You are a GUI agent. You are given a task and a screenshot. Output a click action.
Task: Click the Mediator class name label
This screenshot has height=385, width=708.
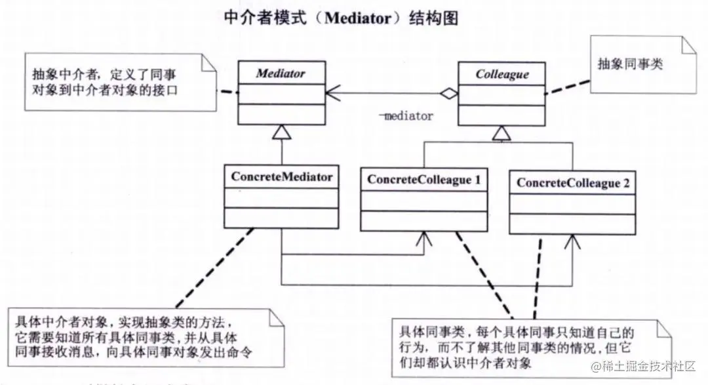(281, 73)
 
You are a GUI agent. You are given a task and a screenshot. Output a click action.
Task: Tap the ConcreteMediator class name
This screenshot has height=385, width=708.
(282, 176)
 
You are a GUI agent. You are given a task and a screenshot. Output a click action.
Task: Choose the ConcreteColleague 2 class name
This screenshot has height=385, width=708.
(572, 183)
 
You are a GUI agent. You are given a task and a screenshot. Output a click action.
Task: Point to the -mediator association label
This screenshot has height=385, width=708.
(406, 116)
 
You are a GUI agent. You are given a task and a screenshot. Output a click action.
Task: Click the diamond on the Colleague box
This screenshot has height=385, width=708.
(448, 94)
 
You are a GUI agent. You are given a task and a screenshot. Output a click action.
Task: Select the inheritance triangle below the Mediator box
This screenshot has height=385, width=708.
(281, 133)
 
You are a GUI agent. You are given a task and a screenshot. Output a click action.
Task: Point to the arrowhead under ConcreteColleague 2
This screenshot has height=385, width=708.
(572, 244)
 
